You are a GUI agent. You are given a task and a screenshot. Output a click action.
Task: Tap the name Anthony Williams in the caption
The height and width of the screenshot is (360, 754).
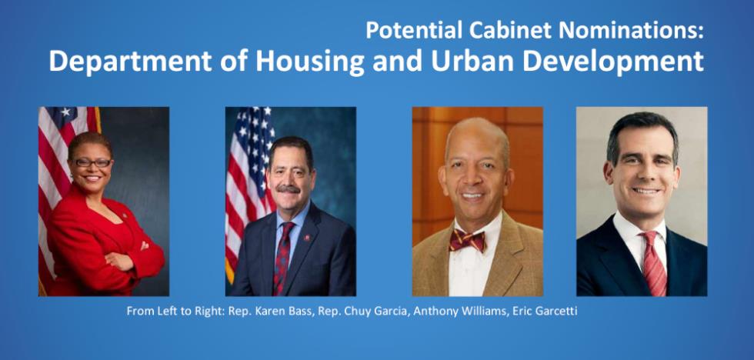pyautogui.click(x=453, y=311)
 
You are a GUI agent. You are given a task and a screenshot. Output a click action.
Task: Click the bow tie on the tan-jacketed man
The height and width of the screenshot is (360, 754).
pyautogui.click(x=468, y=240)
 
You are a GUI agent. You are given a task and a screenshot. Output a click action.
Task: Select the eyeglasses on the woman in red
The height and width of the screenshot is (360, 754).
pyautogui.click(x=93, y=163)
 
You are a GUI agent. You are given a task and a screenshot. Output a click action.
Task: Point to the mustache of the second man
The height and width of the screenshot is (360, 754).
pyautogui.click(x=289, y=188)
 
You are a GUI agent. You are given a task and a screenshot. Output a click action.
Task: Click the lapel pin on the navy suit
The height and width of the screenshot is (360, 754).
pyautogui.click(x=307, y=238)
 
